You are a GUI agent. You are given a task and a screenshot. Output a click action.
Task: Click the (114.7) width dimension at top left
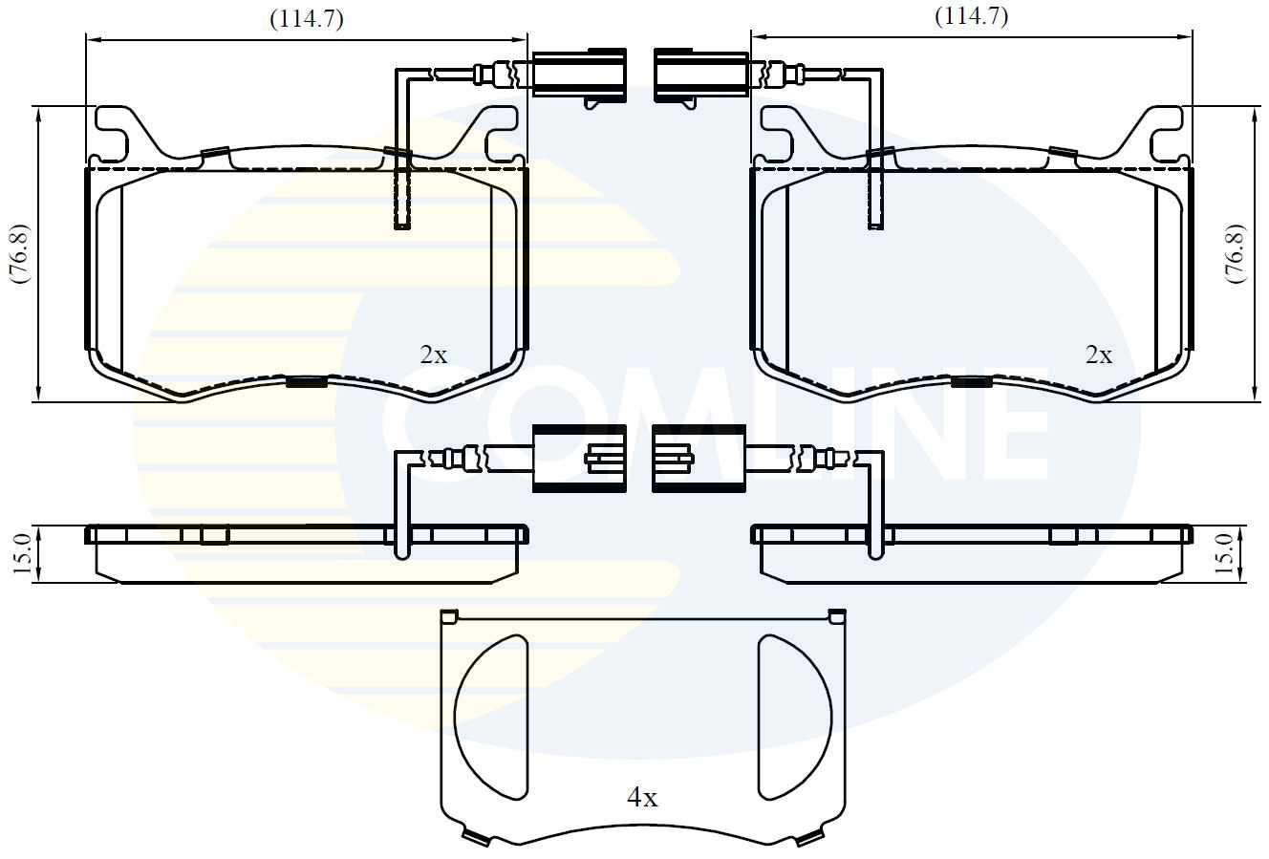click(306, 19)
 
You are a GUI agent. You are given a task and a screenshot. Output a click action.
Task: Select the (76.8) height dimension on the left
click(18, 254)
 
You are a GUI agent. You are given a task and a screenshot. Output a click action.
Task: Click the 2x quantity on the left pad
click(433, 354)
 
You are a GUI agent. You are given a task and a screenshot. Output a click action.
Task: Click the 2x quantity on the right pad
click(1098, 354)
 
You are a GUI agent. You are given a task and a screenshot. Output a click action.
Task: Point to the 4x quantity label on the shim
click(641, 797)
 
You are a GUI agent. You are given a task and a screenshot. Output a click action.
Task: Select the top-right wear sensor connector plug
click(699, 75)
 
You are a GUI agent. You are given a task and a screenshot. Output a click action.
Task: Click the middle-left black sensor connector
click(579, 459)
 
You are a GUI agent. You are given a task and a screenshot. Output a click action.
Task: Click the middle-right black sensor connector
click(699, 459)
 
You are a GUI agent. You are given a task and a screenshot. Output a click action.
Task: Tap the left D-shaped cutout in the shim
click(492, 714)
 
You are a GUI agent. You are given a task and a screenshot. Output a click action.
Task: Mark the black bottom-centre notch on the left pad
click(306, 382)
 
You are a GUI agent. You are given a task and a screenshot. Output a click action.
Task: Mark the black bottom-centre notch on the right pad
click(971, 382)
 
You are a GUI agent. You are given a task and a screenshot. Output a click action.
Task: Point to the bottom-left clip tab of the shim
click(475, 838)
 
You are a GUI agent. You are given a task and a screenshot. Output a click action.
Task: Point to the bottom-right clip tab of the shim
click(809, 838)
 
